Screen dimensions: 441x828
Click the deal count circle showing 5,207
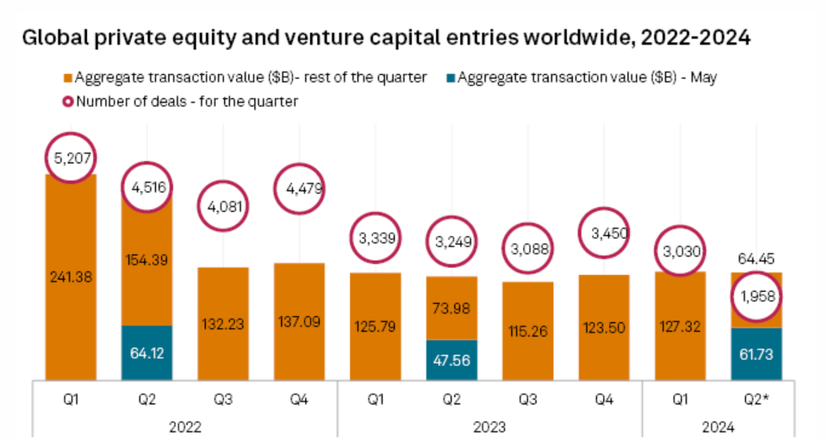(x=70, y=158)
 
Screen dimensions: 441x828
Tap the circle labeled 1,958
(x=756, y=297)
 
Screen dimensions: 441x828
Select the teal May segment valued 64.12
(x=147, y=352)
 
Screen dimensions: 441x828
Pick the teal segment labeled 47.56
(x=452, y=359)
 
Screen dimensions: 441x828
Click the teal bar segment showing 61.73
(x=756, y=354)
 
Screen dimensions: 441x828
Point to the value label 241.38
(x=71, y=277)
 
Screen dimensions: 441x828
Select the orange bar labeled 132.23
(x=223, y=324)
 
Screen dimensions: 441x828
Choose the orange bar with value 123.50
(x=604, y=327)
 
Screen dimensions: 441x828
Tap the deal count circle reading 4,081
(x=223, y=207)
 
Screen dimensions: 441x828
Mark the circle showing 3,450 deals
(x=604, y=233)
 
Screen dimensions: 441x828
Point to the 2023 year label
(x=490, y=427)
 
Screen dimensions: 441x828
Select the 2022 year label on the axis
(x=185, y=427)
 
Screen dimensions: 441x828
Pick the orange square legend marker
(x=68, y=78)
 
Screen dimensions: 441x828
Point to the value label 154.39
(x=147, y=259)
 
